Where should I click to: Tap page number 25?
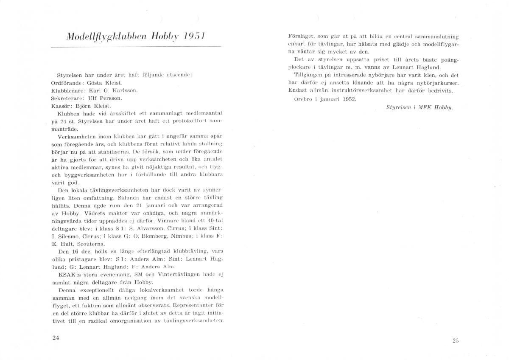pos(456,340)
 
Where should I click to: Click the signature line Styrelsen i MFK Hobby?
pos(420,107)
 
